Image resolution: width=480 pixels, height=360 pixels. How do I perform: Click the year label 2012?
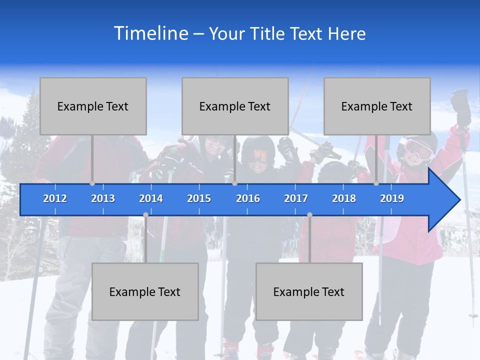point(55,198)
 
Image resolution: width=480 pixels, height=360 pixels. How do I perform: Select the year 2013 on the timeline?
point(103,198)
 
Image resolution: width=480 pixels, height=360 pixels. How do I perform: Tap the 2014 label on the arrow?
point(151,198)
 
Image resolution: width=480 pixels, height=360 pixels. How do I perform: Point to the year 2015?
point(199,198)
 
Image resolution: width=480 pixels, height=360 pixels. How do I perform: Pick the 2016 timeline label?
point(248,198)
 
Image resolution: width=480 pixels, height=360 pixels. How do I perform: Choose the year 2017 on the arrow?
point(296,198)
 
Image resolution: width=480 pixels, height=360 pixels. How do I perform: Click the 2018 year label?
point(344,198)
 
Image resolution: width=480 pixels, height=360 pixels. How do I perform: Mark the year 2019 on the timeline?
point(392,198)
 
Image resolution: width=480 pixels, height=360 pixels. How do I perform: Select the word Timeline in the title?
point(150,33)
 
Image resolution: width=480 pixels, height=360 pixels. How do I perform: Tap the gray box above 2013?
point(93,106)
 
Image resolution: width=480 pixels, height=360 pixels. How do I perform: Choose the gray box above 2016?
point(235,106)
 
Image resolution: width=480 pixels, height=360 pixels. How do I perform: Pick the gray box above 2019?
point(377,106)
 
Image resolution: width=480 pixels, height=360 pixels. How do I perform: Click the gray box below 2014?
point(145,291)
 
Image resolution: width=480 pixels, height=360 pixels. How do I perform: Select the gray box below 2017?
point(309,291)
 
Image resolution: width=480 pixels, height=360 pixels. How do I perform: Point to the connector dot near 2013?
point(92,183)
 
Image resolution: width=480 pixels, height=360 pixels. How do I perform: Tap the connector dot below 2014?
point(145,215)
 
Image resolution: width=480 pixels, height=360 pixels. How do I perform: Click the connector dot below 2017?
point(309,215)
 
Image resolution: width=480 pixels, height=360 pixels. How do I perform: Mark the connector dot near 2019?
point(376,183)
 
